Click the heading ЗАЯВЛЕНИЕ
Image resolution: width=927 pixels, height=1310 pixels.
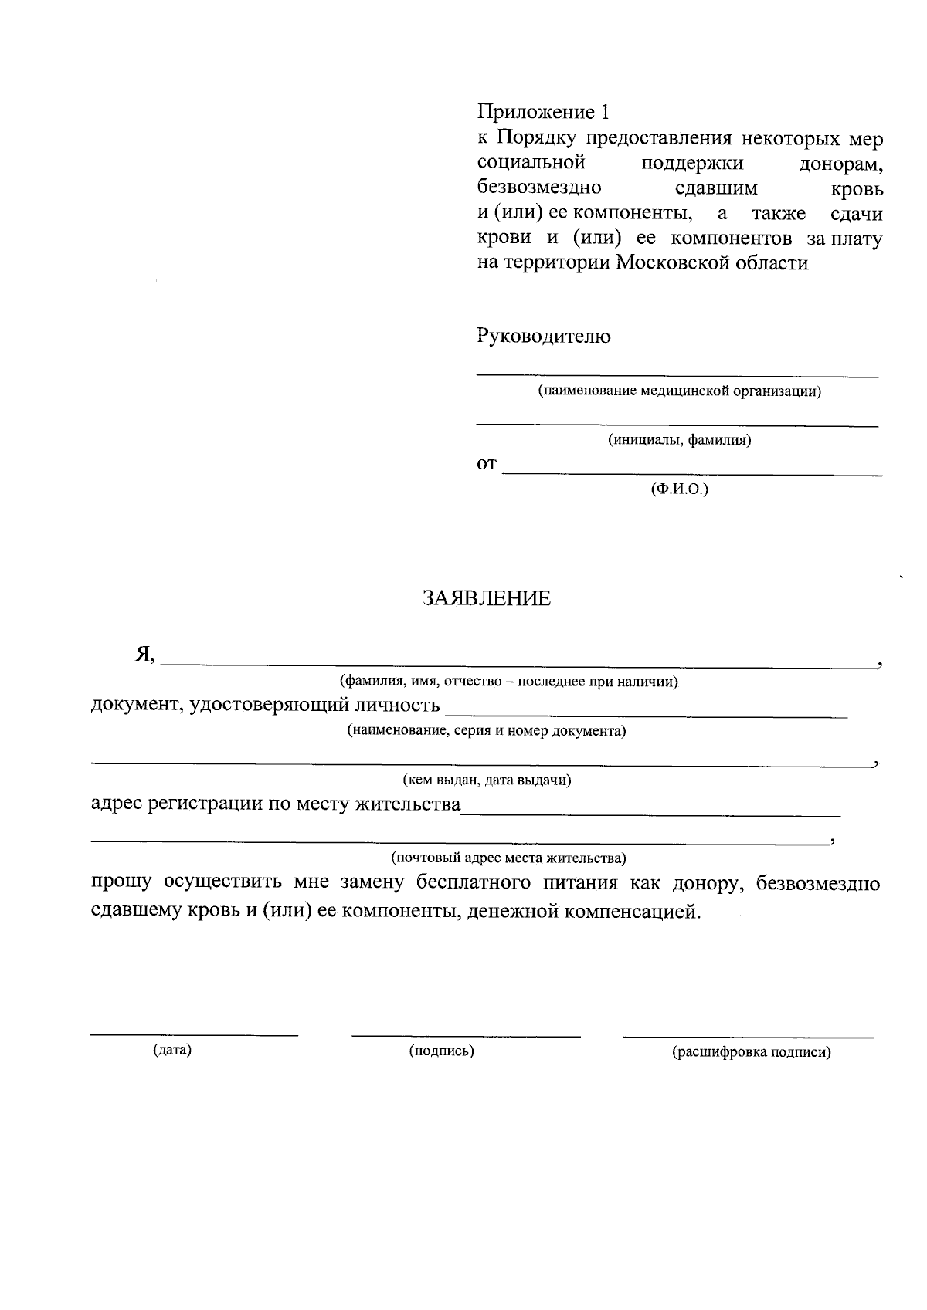486,599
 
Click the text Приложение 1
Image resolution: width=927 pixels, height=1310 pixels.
543,113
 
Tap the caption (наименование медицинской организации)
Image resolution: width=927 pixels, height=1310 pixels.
680,391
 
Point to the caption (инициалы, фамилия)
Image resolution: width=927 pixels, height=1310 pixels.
680,441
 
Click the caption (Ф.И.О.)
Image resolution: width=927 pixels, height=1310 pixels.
680,489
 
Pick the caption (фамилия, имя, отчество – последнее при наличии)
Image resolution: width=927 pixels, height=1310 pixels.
509,682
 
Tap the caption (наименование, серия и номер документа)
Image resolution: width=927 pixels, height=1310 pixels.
486,731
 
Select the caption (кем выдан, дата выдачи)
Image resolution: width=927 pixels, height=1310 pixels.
487,780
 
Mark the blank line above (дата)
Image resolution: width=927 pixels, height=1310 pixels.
194,1034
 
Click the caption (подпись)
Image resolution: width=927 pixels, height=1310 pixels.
441,1051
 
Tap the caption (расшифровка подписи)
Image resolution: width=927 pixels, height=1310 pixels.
751,1052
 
